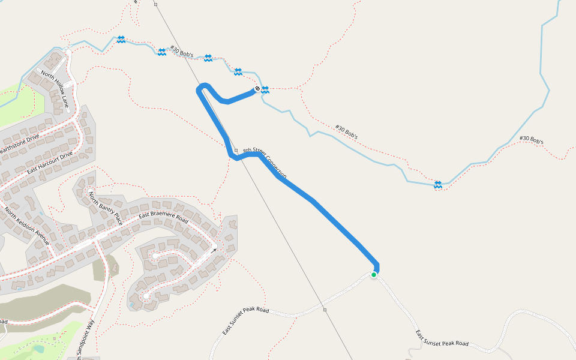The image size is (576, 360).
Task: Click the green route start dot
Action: [x=374, y=275]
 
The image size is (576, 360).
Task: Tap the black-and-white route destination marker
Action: [x=257, y=89]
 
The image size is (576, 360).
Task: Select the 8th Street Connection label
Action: [x=265, y=163]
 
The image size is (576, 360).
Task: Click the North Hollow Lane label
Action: [x=55, y=90]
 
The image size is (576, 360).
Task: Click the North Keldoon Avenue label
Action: [x=26, y=226]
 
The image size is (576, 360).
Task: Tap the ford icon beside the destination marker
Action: [x=265, y=90]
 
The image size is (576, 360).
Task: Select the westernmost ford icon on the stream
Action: [x=121, y=39]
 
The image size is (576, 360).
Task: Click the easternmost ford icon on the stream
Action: [x=439, y=184]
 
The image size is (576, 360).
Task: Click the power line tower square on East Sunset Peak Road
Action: [x=325, y=310]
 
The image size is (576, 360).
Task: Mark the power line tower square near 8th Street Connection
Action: [x=236, y=150]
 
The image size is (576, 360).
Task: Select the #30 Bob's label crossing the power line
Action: [x=181, y=52]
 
